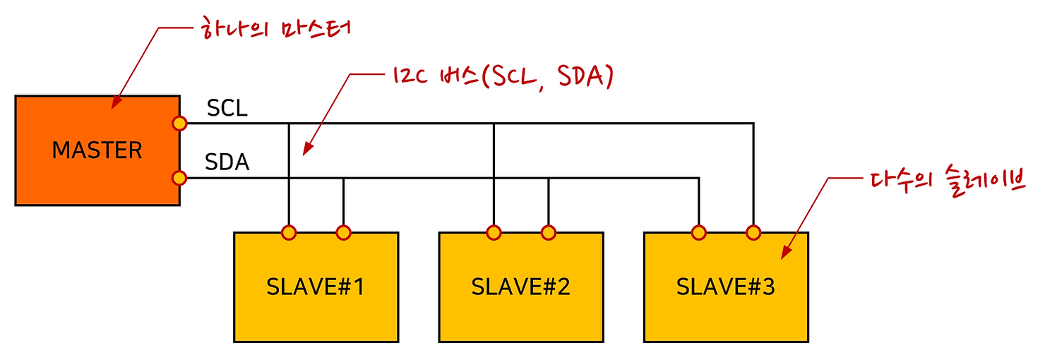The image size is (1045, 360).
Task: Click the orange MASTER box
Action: [x=97, y=150]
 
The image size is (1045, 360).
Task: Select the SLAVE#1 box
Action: [x=316, y=287]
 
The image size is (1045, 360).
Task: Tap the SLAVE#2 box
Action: [x=521, y=287]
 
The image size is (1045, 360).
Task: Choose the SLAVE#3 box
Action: [x=726, y=287]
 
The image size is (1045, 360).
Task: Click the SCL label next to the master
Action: [x=227, y=109]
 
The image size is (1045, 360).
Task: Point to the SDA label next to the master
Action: [x=227, y=162]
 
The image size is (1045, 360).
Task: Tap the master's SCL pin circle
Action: [x=179, y=124]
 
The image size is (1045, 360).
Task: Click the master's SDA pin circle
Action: [x=179, y=178]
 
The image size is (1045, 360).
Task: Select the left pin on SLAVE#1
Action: [x=288, y=232]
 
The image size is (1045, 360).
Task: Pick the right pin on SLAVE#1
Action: [x=343, y=232]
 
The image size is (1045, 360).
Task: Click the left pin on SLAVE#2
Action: [x=494, y=232]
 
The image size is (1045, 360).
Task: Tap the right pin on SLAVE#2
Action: [x=548, y=232]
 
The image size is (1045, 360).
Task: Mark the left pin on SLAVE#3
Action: [x=698, y=232]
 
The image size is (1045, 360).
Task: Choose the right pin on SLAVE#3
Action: [x=753, y=232]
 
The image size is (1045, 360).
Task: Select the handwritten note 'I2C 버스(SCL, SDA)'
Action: [x=498, y=77]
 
